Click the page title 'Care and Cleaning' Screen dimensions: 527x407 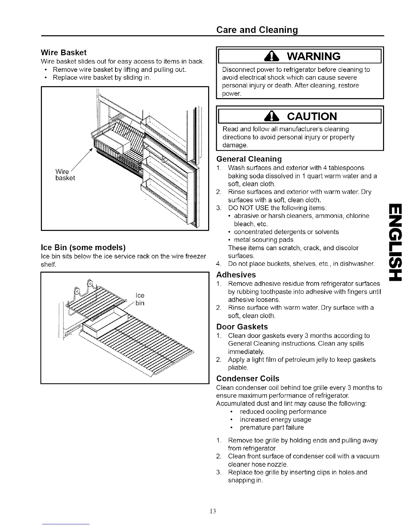point(257,30)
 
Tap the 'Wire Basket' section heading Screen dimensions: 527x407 point(63,53)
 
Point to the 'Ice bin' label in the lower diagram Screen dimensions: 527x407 point(140,299)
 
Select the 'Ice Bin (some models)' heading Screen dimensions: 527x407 point(83,248)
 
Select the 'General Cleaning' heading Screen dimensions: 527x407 point(249,159)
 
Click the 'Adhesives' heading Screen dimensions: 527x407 point(236,275)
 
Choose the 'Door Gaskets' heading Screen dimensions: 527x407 point(242,327)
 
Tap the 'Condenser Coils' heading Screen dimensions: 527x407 point(247,379)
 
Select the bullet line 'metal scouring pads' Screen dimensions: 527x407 point(264,240)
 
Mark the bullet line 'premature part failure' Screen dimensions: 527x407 point(272,428)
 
